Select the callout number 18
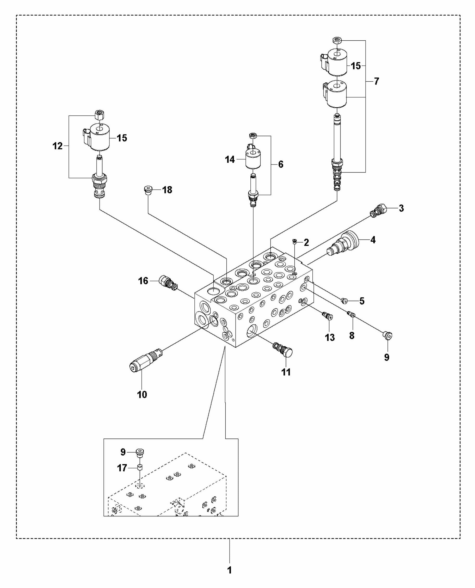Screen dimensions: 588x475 [x=167, y=190]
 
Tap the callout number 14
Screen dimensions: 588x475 [x=230, y=159]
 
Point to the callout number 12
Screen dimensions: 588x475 [x=58, y=146]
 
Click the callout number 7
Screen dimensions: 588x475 [x=377, y=81]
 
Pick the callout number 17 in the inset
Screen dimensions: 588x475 [x=122, y=468]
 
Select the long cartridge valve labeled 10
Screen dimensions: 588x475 [x=145, y=360]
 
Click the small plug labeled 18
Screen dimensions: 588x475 [x=148, y=190]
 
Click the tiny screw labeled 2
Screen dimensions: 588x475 [x=295, y=241]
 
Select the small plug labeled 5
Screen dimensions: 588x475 [x=344, y=301]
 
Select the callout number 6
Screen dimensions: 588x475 [x=281, y=164]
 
